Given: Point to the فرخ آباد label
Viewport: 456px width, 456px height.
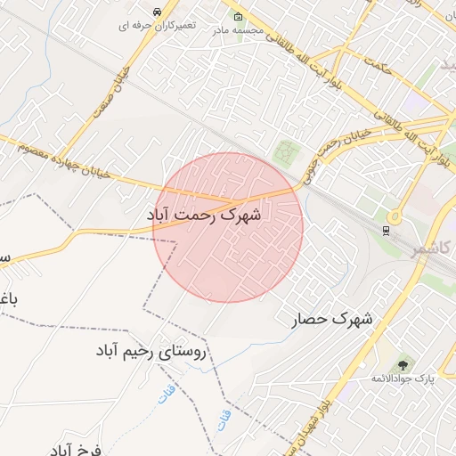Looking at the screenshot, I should (77, 448).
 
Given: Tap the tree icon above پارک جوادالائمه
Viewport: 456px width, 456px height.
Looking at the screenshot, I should (405, 362).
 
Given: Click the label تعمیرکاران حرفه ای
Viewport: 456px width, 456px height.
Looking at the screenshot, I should (158, 25).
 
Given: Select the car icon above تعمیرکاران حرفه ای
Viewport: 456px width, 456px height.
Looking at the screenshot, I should (158, 12).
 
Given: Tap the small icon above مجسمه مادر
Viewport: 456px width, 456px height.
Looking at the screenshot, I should (237, 16).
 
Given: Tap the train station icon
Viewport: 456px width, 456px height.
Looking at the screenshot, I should (386, 231).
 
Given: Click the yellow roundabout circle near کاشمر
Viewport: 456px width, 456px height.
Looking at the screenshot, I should (393, 216).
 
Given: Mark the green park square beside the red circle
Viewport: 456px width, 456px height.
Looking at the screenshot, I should (287, 152).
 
